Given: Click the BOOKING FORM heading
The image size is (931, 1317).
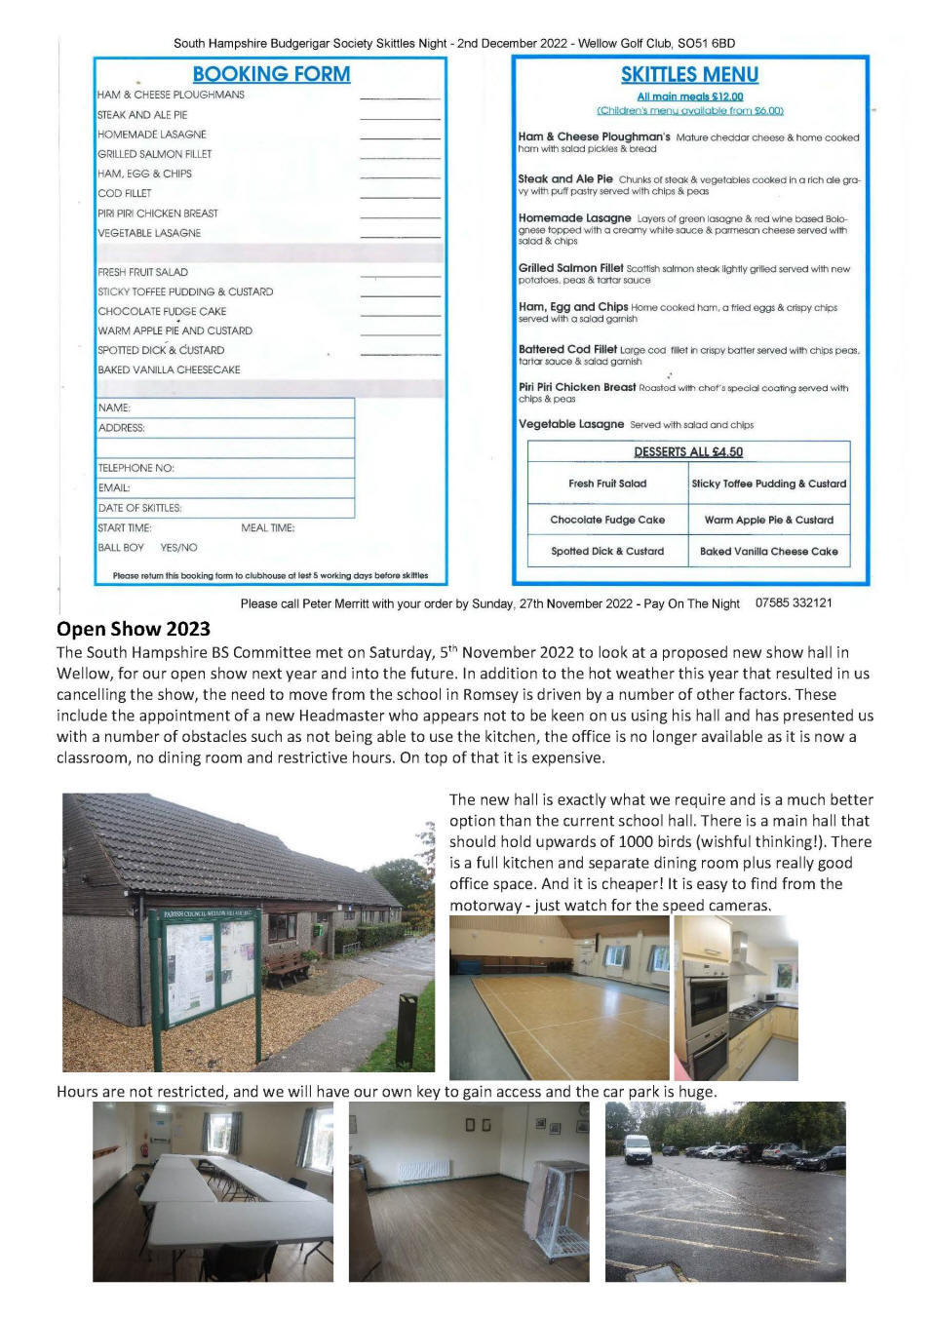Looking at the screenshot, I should [x=271, y=74].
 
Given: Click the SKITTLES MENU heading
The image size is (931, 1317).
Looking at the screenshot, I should [x=689, y=75].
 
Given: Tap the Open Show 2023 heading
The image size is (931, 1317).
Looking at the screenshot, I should [x=134, y=629].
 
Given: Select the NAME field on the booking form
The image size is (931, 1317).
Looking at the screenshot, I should [x=224, y=407].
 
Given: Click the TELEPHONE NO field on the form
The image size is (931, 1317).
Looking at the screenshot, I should [x=224, y=468].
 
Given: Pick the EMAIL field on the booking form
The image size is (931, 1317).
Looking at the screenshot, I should [x=224, y=487].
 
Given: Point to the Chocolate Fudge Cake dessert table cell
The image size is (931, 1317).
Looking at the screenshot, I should [x=607, y=520].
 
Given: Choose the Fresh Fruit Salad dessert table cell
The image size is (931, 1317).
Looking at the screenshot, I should [x=607, y=484].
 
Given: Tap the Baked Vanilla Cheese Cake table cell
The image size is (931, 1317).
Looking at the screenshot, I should [x=769, y=551].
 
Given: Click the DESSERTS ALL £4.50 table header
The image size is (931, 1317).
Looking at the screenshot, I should [x=688, y=452].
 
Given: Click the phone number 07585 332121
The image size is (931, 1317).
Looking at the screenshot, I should [x=794, y=602].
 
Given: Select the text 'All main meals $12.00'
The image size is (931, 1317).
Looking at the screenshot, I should [x=689, y=97].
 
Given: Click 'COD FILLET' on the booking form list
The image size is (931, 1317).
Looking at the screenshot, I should [x=124, y=193].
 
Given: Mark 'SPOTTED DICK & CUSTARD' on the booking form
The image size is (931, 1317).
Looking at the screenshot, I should [x=161, y=350].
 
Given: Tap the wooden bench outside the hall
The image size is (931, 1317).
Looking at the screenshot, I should [x=288, y=964].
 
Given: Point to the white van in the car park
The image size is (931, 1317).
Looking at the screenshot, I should [x=637, y=1149].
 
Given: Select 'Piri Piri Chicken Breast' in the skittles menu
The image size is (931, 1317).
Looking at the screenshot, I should [x=577, y=387].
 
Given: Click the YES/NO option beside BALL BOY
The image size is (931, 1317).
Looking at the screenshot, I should [x=178, y=548].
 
